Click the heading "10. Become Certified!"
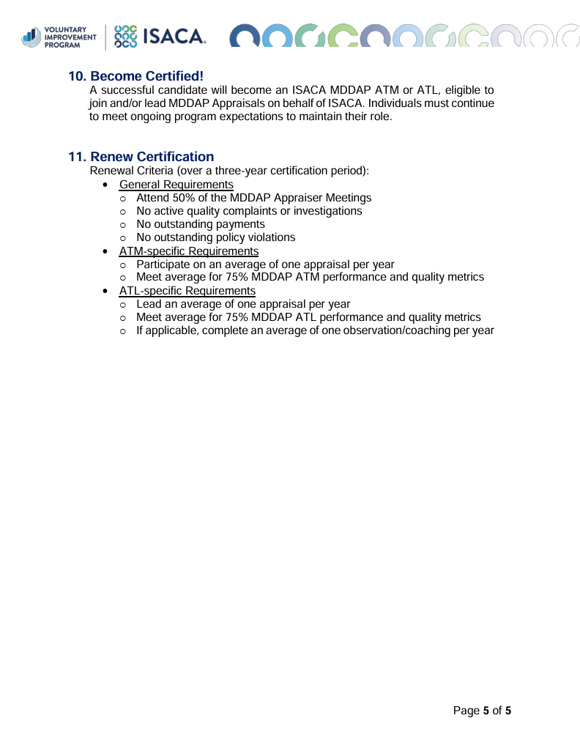pyautogui.click(x=135, y=76)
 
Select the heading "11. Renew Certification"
pyautogui.click(x=141, y=157)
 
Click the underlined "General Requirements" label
pyautogui.click(x=176, y=185)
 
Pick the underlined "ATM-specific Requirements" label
pyautogui.click(x=188, y=251)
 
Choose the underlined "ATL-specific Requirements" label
pyautogui.click(x=187, y=291)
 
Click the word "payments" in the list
pyautogui.click(x=240, y=224)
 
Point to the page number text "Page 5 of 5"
pyautogui.click(x=482, y=711)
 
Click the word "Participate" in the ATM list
pyautogui.click(x=163, y=264)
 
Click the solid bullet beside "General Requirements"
pyautogui.click(x=107, y=185)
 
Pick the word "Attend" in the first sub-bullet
pyautogui.click(x=152, y=198)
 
